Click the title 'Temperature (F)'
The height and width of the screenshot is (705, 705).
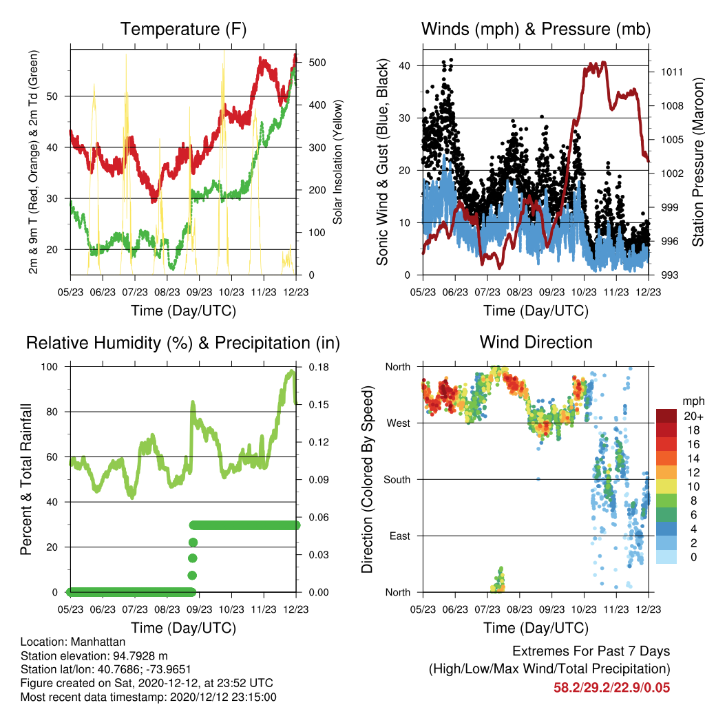[x=183, y=29]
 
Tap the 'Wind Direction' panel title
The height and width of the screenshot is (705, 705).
[x=536, y=342]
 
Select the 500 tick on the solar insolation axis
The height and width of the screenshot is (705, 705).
[x=317, y=63]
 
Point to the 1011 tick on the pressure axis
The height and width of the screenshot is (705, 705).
[x=672, y=72]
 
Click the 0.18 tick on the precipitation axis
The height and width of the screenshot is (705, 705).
[x=319, y=367]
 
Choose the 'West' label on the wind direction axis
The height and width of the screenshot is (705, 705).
[x=399, y=423]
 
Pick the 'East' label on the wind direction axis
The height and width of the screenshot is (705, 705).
[x=400, y=536]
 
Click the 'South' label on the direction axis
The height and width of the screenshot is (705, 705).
[x=397, y=480]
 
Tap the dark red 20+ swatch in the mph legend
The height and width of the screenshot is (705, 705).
[x=666, y=416]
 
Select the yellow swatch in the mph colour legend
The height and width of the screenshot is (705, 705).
[x=666, y=487]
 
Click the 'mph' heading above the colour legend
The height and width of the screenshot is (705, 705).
[x=693, y=401]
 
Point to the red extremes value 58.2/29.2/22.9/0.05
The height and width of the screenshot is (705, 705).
[x=611, y=688]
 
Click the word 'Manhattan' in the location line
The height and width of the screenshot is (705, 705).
[x=98, y=642]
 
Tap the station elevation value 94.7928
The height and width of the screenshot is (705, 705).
[x=140, y=656]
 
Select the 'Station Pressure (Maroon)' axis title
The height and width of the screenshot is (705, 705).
[x=697, y=162]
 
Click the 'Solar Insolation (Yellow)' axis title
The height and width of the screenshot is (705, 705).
[x=337, y=162]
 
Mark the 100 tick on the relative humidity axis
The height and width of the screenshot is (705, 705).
[x=50, y=367]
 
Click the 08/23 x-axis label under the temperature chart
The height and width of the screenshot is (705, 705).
[x=167, y=292]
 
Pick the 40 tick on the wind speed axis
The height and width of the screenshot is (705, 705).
[x=405, y=65]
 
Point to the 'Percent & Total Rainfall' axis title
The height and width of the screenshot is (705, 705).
[x=26, y=479]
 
